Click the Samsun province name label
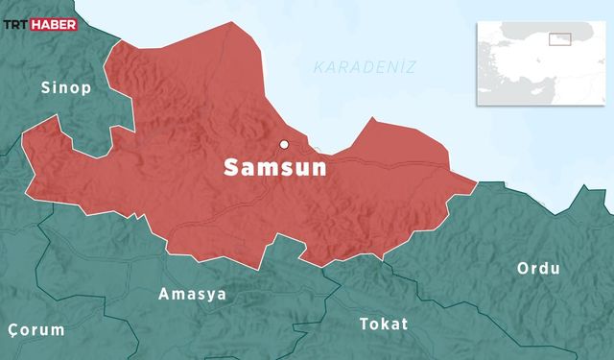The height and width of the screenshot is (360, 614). [275, 167]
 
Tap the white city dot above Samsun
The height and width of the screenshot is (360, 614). [284, 145]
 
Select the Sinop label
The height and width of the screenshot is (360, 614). [65, 89]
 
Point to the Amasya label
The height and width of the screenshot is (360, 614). [193, 294]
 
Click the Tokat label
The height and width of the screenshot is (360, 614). [384, 324]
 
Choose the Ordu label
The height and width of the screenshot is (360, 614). [538, 268]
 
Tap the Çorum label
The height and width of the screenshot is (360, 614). [35, 329]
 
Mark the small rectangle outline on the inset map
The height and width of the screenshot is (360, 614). [559, 39]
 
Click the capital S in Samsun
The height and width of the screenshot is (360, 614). [231, 167]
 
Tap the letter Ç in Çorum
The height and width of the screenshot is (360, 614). [12, 330]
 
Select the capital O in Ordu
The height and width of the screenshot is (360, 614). [524, 268]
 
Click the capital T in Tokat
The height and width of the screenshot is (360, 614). [364, 324]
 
